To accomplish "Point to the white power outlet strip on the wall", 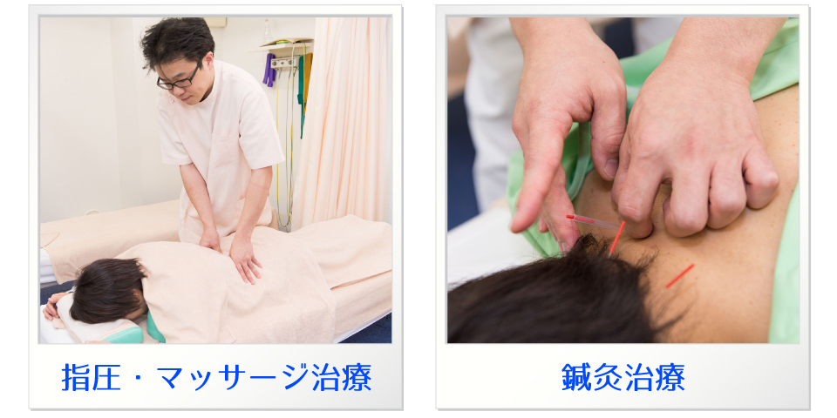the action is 284,64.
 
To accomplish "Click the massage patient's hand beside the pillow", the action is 51,305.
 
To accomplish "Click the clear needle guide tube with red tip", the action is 593,220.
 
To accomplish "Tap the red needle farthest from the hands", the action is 679,276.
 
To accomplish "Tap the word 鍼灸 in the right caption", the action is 592,377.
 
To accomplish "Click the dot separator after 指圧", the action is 139,378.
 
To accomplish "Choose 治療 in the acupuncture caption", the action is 655,377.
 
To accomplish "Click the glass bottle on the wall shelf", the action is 267,32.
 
